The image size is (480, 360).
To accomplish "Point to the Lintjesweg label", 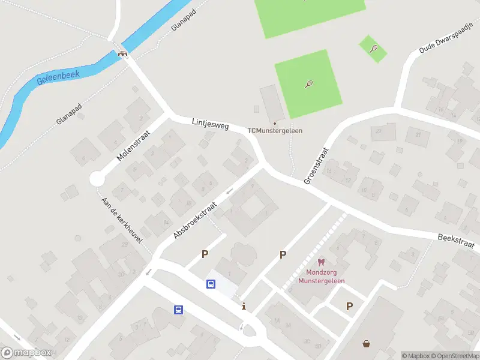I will [x=211, y=123].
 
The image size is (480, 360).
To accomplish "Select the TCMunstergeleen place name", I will [x=275, y=130].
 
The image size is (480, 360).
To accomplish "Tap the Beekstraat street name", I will [x=456, y=242].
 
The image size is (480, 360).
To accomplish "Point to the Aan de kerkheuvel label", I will [x=122, y=220].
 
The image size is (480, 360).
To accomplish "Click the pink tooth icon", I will [x=321, y=262].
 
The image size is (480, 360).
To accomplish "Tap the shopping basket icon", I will [x=366, y=344].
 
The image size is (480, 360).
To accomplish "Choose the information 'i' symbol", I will [x=244, y=307].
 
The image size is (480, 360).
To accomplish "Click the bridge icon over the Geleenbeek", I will [x=123, y=53].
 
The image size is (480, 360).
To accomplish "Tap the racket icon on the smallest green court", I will [x=373, y=49].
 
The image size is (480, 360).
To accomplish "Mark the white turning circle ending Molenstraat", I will [x=97, y=179].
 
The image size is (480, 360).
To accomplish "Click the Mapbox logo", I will [x=26, y=353].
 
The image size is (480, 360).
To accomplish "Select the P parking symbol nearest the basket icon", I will [x=349, y=306].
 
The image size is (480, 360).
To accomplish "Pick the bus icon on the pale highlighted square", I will [x=211, y=284].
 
